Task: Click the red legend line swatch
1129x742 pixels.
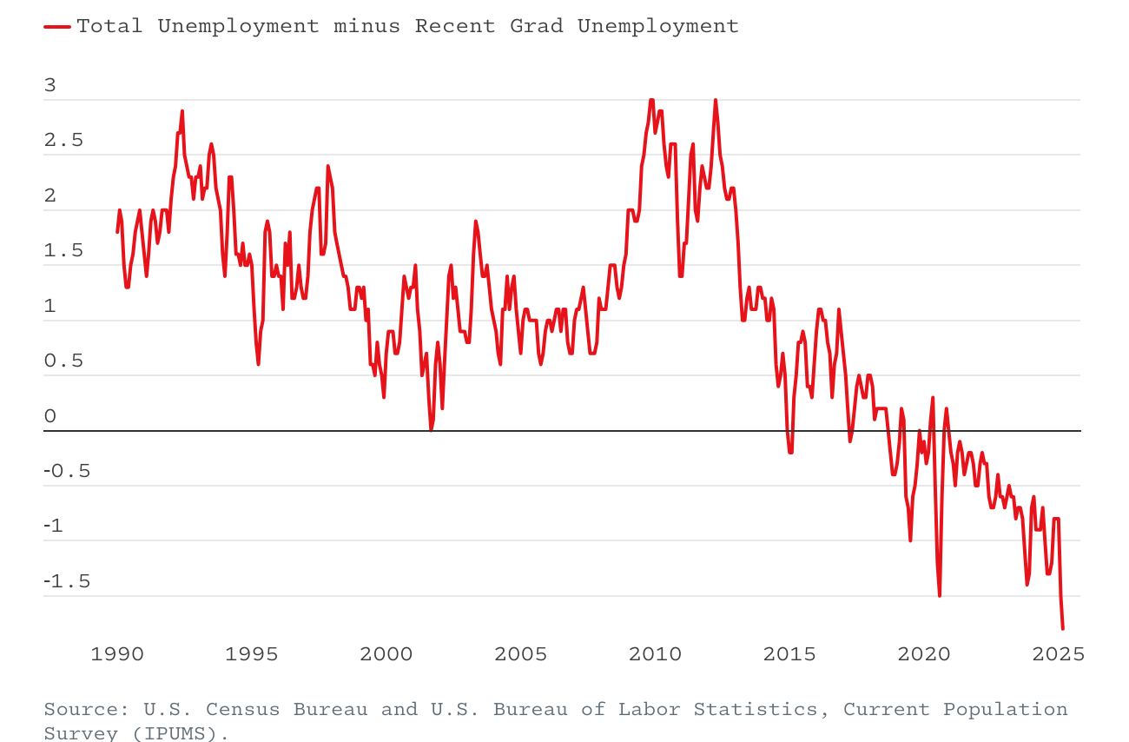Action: point(57,27)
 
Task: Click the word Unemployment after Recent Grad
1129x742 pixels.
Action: point(657,26)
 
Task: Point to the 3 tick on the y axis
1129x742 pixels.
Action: point(50,85)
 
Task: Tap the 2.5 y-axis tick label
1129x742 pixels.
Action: point(63,141)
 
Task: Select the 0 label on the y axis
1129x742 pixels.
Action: point(50,416)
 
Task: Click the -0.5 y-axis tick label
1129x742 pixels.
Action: point(67,472)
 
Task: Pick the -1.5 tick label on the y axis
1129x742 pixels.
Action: point(67,582)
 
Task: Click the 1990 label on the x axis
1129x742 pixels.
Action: point(117,654)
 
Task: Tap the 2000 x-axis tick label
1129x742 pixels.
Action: point(386,654)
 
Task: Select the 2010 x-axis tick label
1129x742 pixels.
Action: point(656,654)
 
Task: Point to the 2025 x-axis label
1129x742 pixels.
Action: point(1059,654)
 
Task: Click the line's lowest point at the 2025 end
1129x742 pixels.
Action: point(1062,628)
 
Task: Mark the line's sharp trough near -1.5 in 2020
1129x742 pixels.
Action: point(940,595)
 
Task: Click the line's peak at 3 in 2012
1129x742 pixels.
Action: point(716,100)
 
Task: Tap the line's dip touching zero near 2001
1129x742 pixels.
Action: point(431,429)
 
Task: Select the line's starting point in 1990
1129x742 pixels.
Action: point(117,232)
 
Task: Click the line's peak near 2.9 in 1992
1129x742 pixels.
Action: point(182,111)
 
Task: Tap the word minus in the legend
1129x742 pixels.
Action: point(366,26)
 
